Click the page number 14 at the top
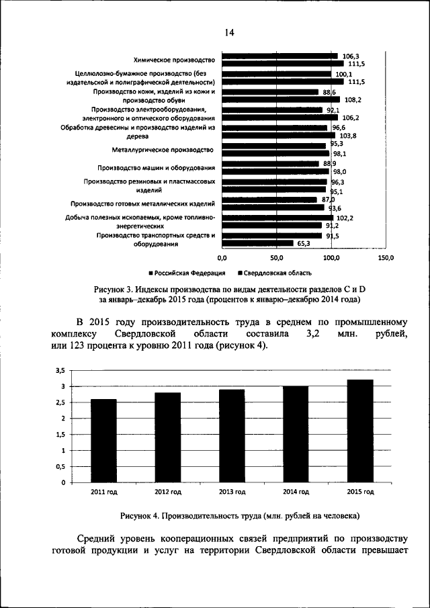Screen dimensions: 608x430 [228, 32]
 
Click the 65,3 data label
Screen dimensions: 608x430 [304, 244]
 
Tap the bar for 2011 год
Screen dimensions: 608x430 [103, 441]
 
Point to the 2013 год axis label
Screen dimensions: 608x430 [231, 492]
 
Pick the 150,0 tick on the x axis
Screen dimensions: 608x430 [386, 257]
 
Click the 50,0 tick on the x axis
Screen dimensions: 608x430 [277, 257]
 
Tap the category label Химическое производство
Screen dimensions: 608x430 [173, 59]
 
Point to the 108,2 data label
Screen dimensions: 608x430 [353, 99]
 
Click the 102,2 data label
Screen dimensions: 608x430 [345, 218]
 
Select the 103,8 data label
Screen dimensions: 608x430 [346, 136]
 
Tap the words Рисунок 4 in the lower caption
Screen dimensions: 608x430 [140, 515]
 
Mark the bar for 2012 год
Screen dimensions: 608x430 [167, 437]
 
